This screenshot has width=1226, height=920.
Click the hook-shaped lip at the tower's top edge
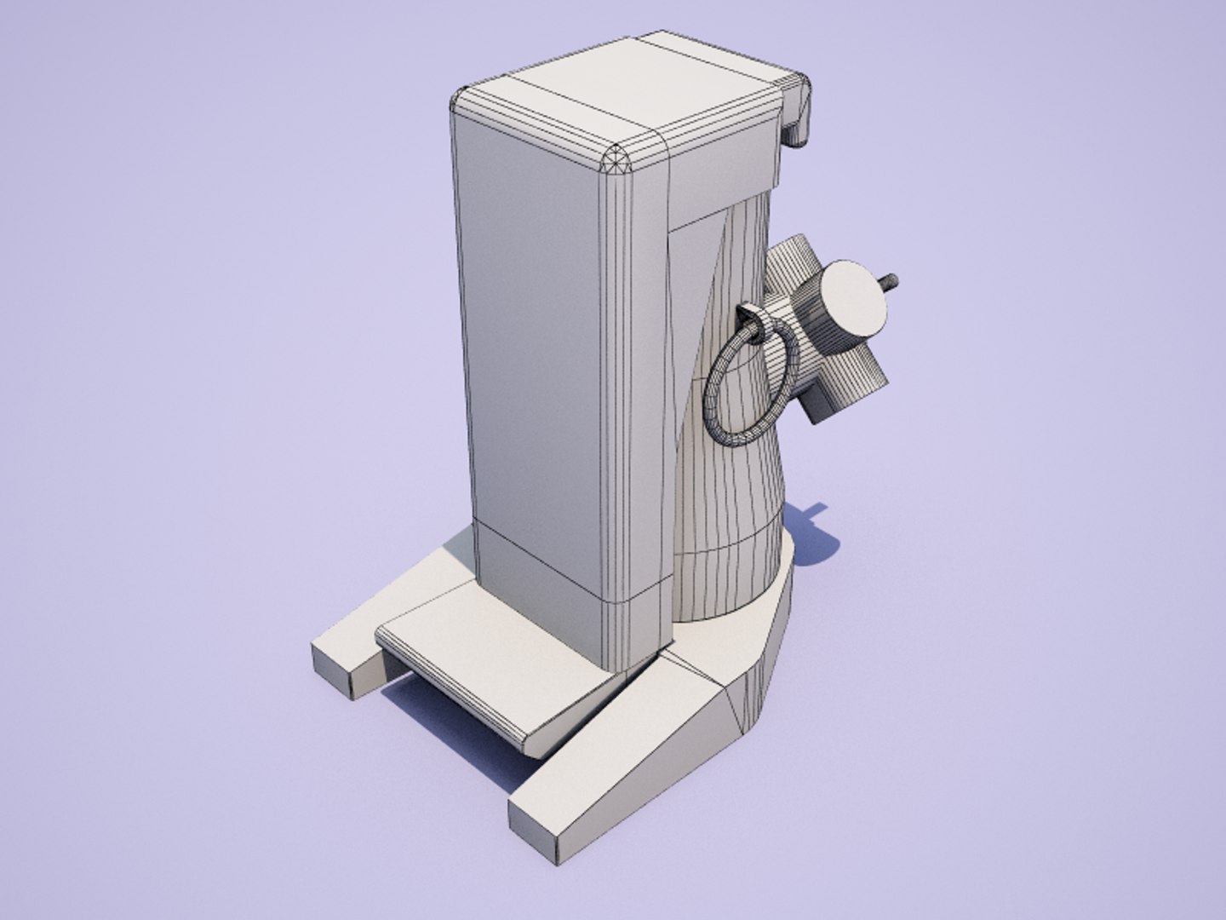797,111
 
